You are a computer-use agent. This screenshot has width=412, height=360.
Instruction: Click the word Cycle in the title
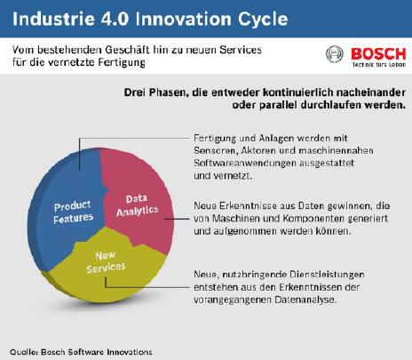[263, 20]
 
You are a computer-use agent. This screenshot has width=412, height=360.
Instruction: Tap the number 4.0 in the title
[115, 19]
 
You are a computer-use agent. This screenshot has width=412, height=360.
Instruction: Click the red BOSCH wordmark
[378, 54]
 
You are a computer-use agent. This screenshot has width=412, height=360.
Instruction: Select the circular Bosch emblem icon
[335, 54]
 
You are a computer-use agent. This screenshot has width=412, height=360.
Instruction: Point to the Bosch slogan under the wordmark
[379, 65]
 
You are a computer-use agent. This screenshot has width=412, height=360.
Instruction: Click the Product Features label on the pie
[73, 212]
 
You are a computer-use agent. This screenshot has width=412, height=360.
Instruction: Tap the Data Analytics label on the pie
[137, 205]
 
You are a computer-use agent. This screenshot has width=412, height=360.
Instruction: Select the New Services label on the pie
[106, 262]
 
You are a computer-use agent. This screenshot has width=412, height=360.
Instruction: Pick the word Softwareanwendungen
[245, 164]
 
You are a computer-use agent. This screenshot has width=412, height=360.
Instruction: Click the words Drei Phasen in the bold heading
[156, 92]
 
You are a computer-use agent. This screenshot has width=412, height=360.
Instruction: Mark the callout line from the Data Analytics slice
[177, 219]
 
